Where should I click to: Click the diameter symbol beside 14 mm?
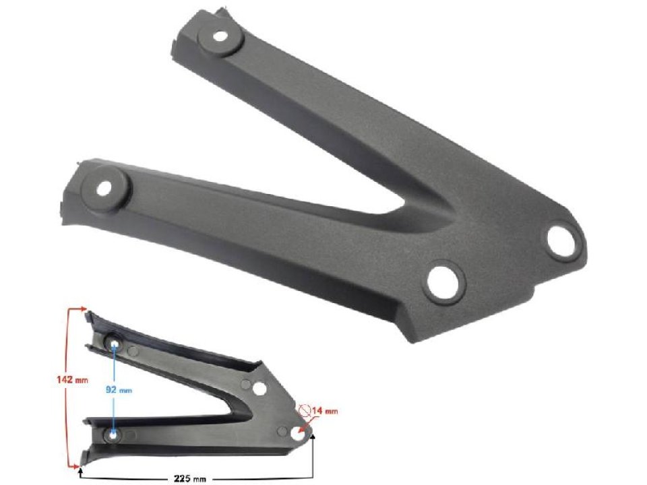tap(305, 410)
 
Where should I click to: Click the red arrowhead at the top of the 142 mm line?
tap(84, 309)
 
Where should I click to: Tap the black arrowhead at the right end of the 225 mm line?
tap(313, 438)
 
